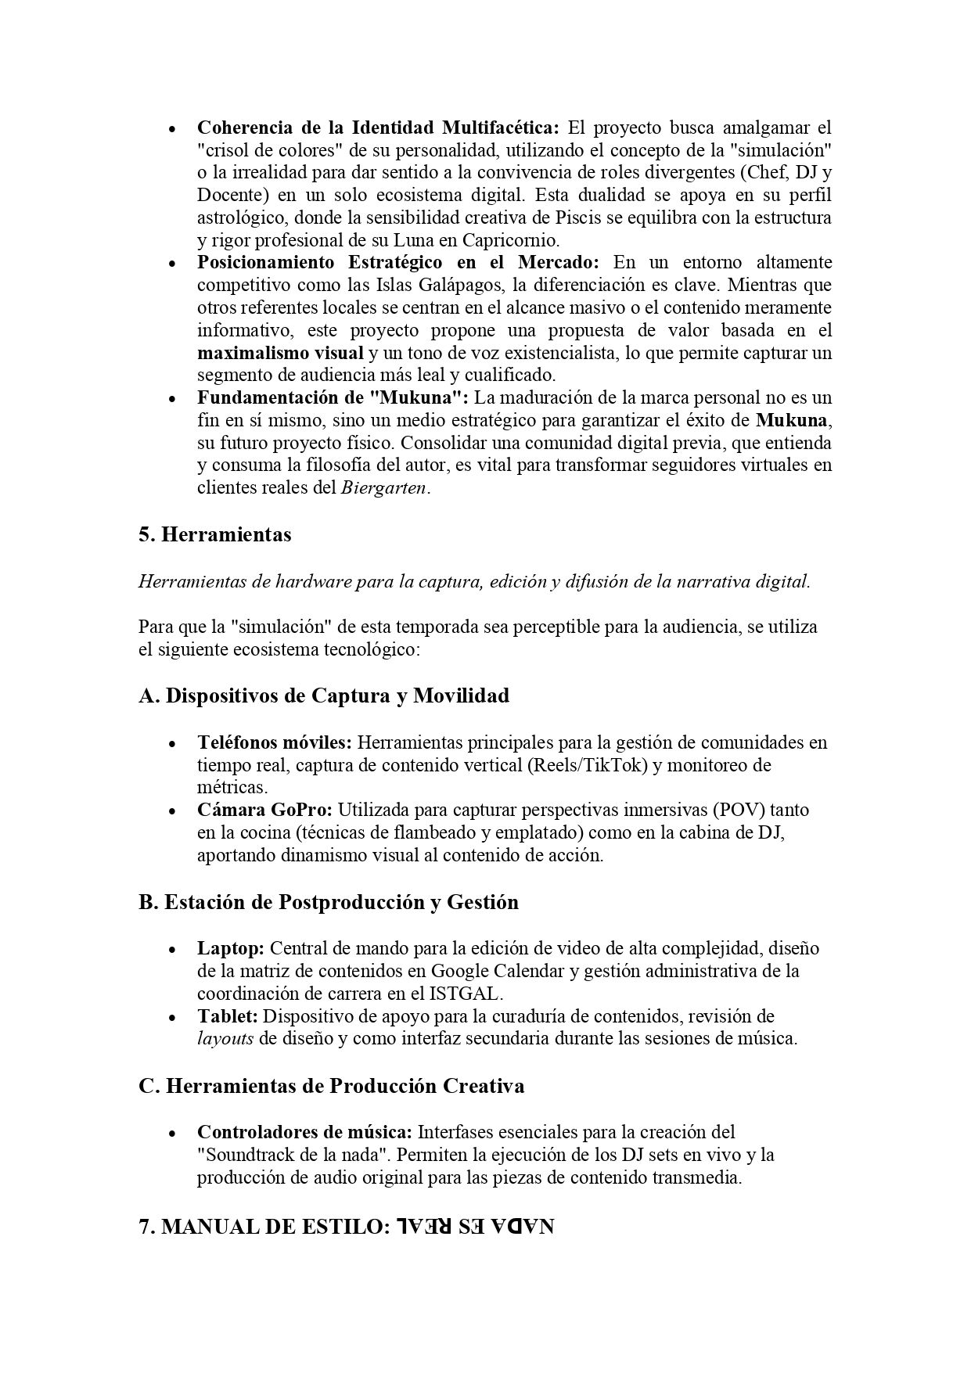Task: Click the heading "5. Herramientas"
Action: (214, 535)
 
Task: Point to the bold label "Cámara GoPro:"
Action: (264, 810)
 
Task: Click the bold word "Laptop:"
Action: (231, 948)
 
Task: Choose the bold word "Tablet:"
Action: (228, 1016)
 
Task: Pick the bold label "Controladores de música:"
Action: (304, 1132)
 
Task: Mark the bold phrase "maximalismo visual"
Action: (280, 353)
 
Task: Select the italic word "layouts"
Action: (225, 1039)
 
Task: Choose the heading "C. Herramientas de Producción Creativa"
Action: (331, 1087)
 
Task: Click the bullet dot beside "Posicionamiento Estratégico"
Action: (172, 263)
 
